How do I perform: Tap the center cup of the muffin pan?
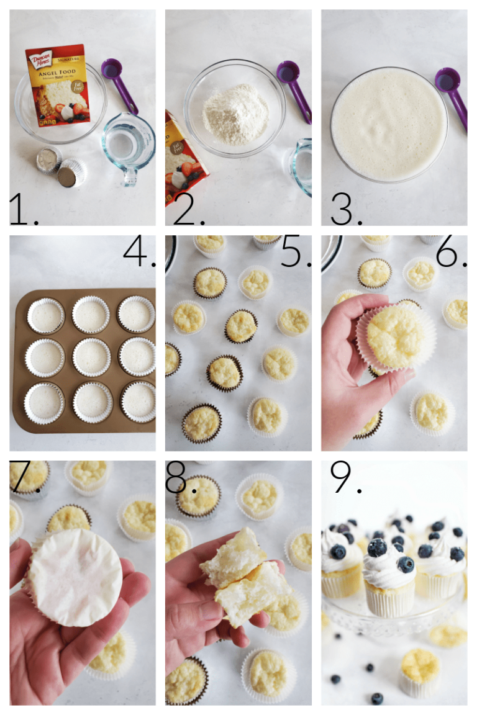91,357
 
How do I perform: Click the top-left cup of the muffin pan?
45,316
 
